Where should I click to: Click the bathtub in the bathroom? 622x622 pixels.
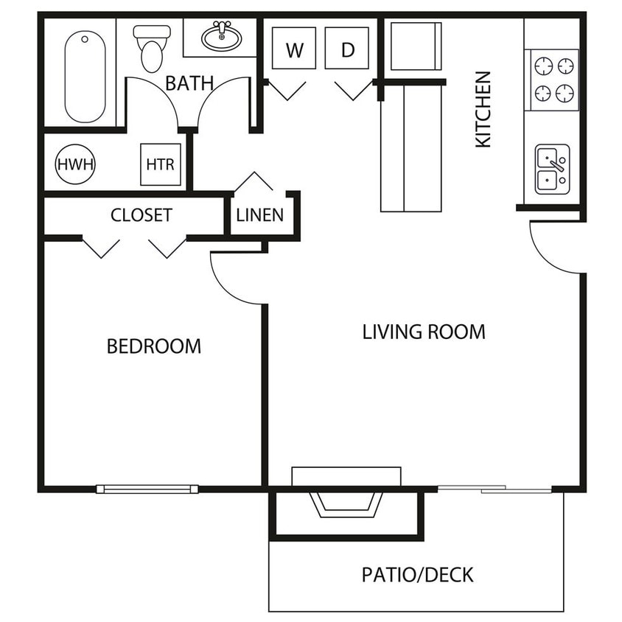click(x=85, y=77)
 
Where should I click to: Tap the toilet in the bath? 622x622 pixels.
click(x=152, y=49)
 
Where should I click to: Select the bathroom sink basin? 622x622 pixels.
click(x=222, y=37)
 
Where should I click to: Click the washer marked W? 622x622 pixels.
click(x=294, y=48)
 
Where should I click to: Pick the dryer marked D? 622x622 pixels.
click(x=346, y=48)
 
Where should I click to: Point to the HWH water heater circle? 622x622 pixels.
click(x=75, y=164)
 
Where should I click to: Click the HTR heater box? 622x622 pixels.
click(x=161, y=164)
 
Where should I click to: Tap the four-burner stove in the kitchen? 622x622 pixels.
click(x=552, y=80)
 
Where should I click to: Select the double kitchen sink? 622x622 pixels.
click(x=552, y=170)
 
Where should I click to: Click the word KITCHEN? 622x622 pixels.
click(x=483, y=110)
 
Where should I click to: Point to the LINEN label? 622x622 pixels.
click(x=260, y=215)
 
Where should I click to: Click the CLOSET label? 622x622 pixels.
click(x=141, y=215)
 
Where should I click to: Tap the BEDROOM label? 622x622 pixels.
click(x=154, y=346)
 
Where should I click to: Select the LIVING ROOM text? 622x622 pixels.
click(x=424, y=332)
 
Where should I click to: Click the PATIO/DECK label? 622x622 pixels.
click(x=417, y=575)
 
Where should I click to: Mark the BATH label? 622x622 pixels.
click(x=189, y=83)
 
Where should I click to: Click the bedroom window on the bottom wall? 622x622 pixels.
click(x=147, y=489)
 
